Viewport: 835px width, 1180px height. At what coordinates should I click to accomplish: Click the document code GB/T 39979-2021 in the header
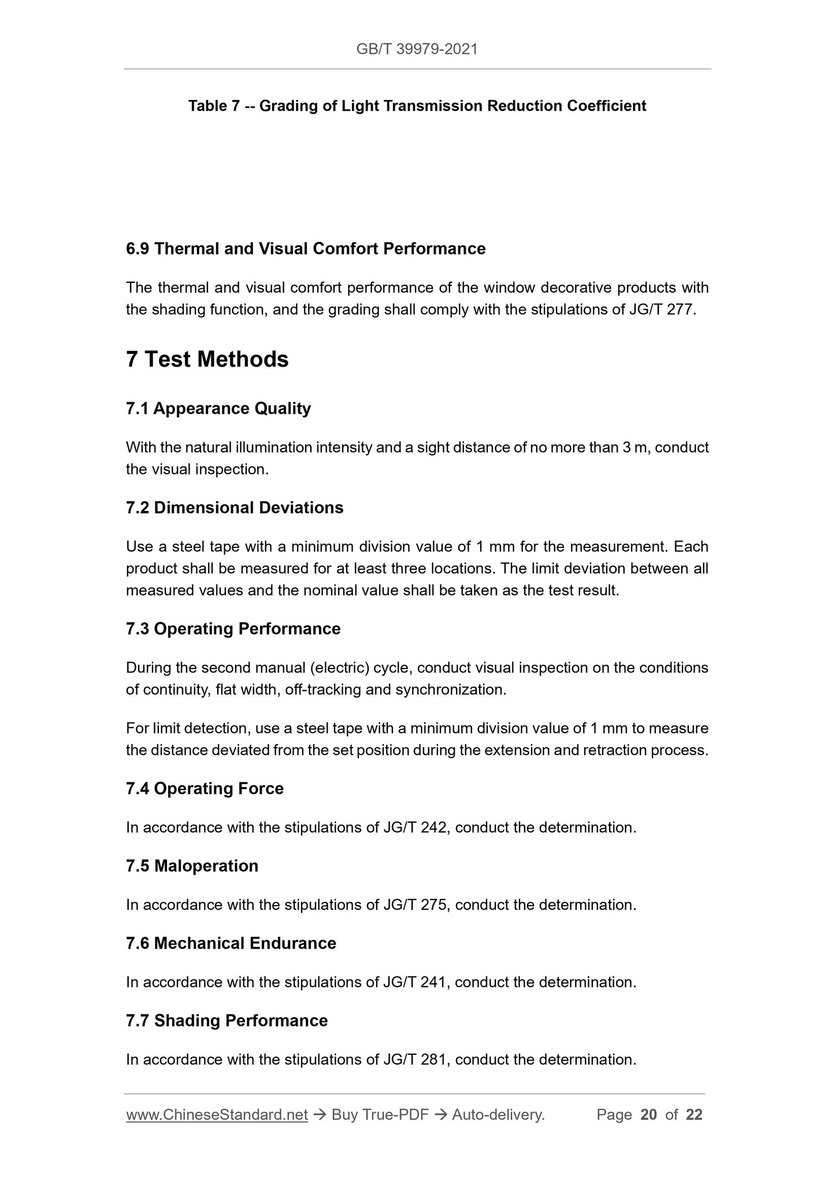(x=417, y=49)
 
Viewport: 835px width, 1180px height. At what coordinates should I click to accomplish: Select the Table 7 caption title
(x=417, y=106)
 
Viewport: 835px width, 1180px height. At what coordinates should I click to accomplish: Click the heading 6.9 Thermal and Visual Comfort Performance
(x=306, y=249)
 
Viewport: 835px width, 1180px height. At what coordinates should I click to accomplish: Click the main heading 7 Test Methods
(x=207, y=359)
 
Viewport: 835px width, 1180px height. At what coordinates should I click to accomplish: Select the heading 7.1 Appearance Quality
(x=218, y=409)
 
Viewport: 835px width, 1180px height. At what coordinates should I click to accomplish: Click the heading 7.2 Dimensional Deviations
(x=235, y=508)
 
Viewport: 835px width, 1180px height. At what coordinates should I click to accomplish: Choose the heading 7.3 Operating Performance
(x=233, y=629)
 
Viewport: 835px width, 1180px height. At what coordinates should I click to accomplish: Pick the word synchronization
(x=450, y=690)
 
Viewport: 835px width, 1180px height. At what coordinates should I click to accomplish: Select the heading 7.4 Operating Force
(x=205, y=789)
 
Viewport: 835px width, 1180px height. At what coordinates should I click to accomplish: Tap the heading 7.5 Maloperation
(x=192, y=866)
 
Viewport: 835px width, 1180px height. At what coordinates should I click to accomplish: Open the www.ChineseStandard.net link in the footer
(x=217, y=1115)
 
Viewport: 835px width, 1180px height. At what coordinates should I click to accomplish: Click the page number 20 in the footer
(x=648, y=1115)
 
